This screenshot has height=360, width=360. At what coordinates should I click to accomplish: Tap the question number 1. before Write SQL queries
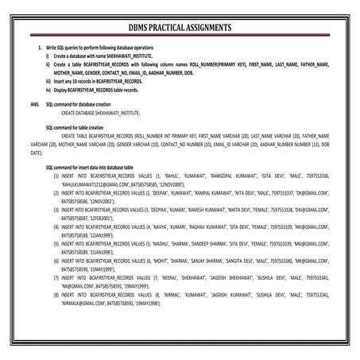coord(40,49)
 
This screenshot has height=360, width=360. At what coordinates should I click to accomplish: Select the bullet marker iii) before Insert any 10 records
coord(48,81)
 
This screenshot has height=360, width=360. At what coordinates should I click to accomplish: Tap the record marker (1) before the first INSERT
coord(56,176)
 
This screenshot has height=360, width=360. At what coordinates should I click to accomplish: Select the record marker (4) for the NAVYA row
coord(56,226)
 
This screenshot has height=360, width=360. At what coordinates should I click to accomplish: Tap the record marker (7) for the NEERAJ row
coord(56,277)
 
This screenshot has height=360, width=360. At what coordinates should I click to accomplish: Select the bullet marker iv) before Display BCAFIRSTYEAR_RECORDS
coord(48,90)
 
